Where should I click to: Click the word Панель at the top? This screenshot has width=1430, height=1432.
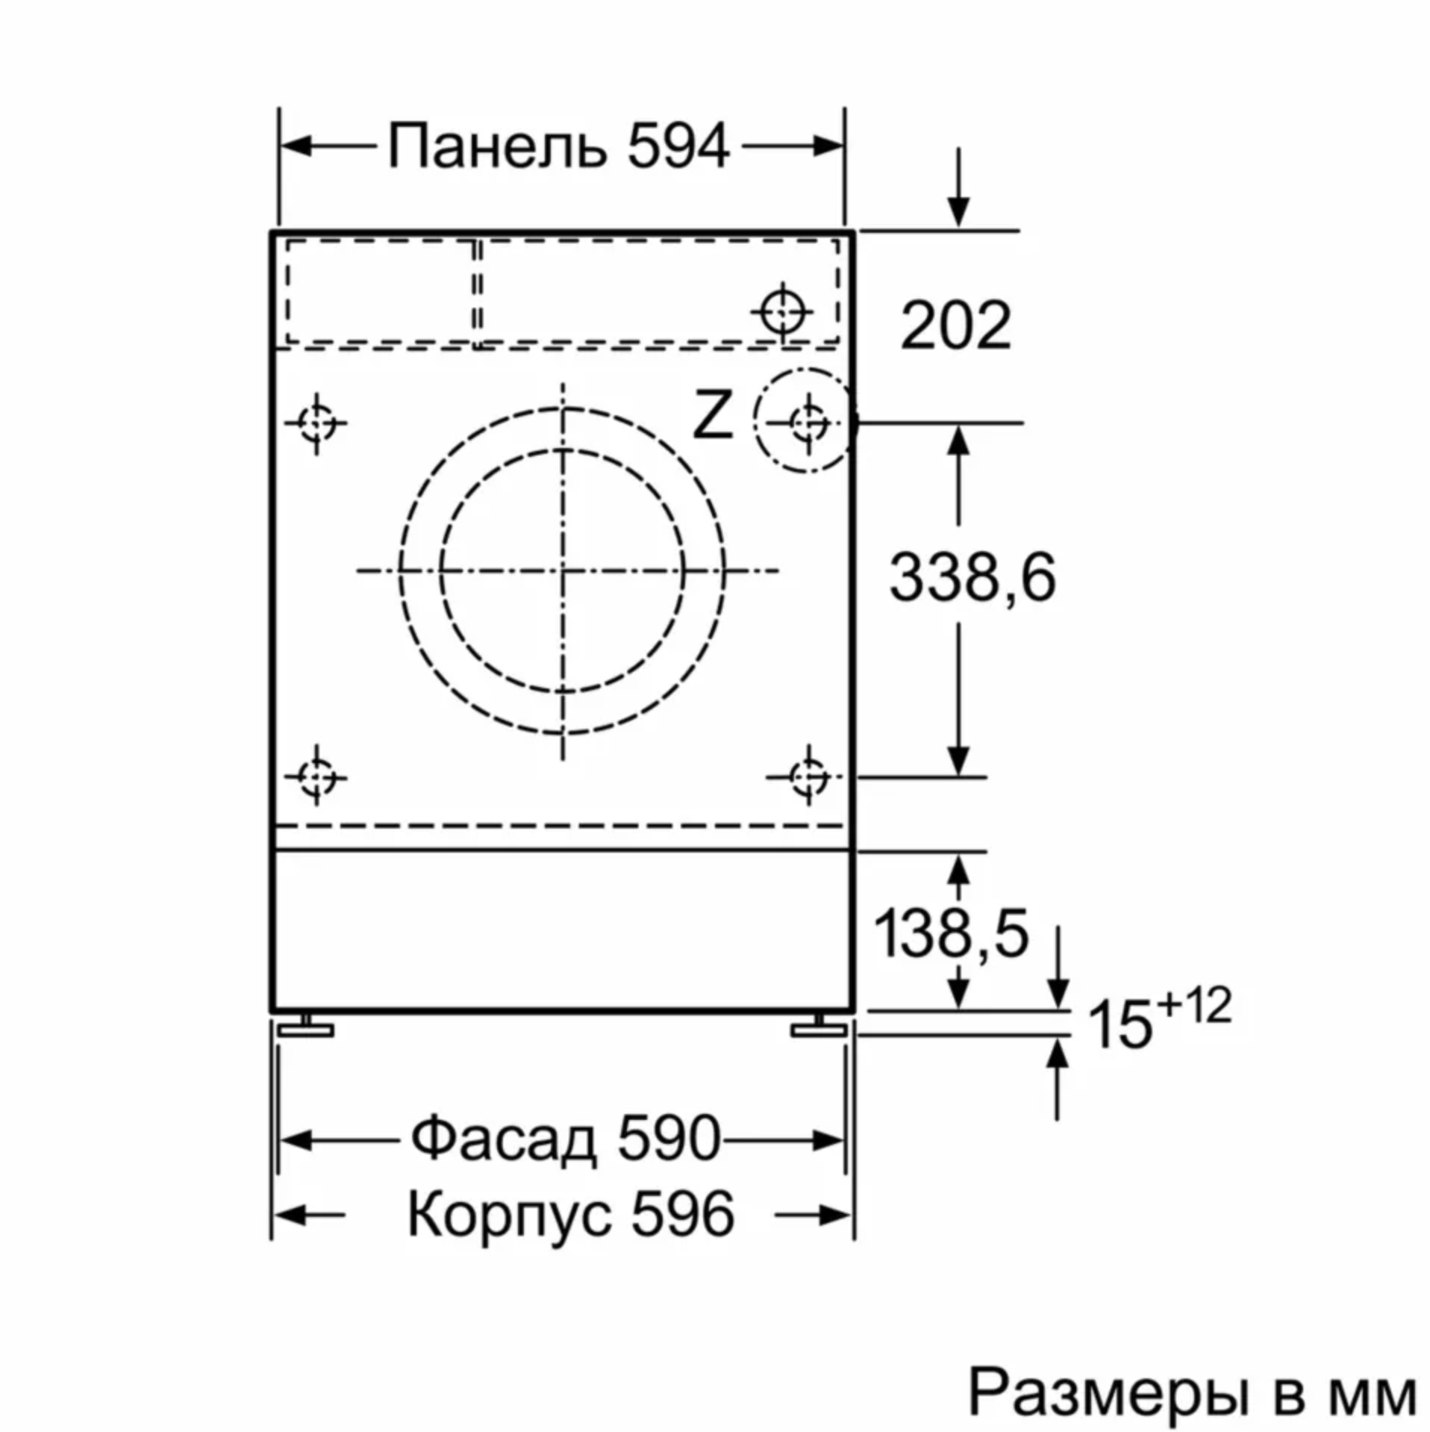click(x=497, y=146)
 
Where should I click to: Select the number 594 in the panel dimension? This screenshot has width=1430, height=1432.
click(x=678, y=146)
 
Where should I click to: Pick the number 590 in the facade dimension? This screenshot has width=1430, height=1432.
click(x=669, y=1139)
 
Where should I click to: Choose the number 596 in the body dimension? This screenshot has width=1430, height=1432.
click(x=683, y=1214)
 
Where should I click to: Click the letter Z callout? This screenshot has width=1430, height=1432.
click(x=712, y=415)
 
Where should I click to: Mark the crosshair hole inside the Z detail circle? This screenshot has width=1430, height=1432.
click(x=808, y=423)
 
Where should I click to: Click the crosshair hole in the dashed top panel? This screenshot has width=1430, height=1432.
click(x=782, y=311)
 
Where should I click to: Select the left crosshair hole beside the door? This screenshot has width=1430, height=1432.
click(x=317, y=424)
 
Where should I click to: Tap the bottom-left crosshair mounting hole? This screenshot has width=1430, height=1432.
click(x=317, y=777)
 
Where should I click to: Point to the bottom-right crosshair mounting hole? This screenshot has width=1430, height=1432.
click(x=808, y=777)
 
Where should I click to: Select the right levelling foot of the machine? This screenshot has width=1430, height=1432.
click(x=819, y=1027)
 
